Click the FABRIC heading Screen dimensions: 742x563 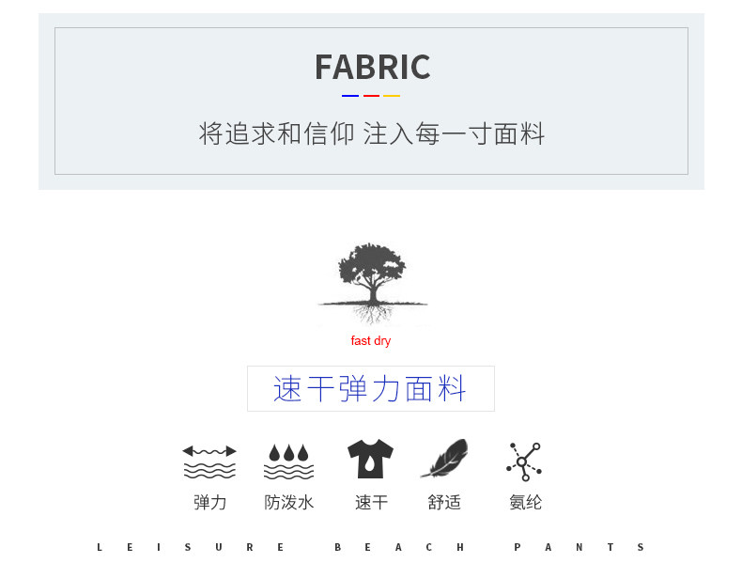[372, 68]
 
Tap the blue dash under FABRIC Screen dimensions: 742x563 [350, 96]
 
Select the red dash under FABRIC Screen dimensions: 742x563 [371, 96]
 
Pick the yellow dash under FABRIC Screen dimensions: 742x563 [392, 96]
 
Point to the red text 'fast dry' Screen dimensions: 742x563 [371, 341]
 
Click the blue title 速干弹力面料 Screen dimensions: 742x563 [370, 389]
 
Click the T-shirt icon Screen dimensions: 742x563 [370, 460]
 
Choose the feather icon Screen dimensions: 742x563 [444, 460]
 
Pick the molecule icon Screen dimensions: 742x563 [524, 461]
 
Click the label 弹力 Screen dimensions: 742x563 [210, 503]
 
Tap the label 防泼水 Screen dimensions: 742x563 [289, 503]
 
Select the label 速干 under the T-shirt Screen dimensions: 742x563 [371, 503]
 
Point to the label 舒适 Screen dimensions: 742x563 [444, 503]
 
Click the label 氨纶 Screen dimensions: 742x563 [526, 503]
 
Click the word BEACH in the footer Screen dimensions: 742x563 [399, 547]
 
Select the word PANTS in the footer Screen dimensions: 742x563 [579, 547]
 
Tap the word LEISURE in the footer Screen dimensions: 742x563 [190, 547]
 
